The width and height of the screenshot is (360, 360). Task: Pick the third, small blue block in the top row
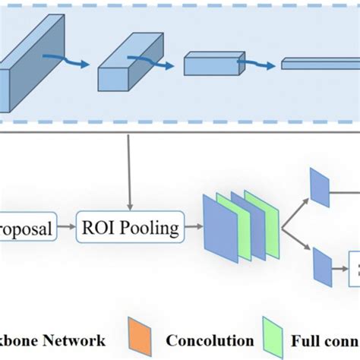(210, 64)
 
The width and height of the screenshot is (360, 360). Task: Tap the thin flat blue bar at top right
(319, 65)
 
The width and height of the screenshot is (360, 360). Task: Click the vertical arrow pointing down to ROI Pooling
(131, 175)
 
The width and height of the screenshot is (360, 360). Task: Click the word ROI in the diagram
(102, 226)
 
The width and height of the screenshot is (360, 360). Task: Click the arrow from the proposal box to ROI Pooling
(66, 226)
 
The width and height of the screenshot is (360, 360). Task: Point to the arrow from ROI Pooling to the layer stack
(194, 226)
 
